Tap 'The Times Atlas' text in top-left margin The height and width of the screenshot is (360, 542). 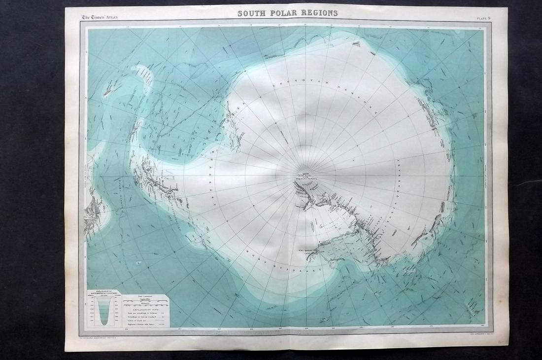100,18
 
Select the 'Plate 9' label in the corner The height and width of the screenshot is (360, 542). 482,18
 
